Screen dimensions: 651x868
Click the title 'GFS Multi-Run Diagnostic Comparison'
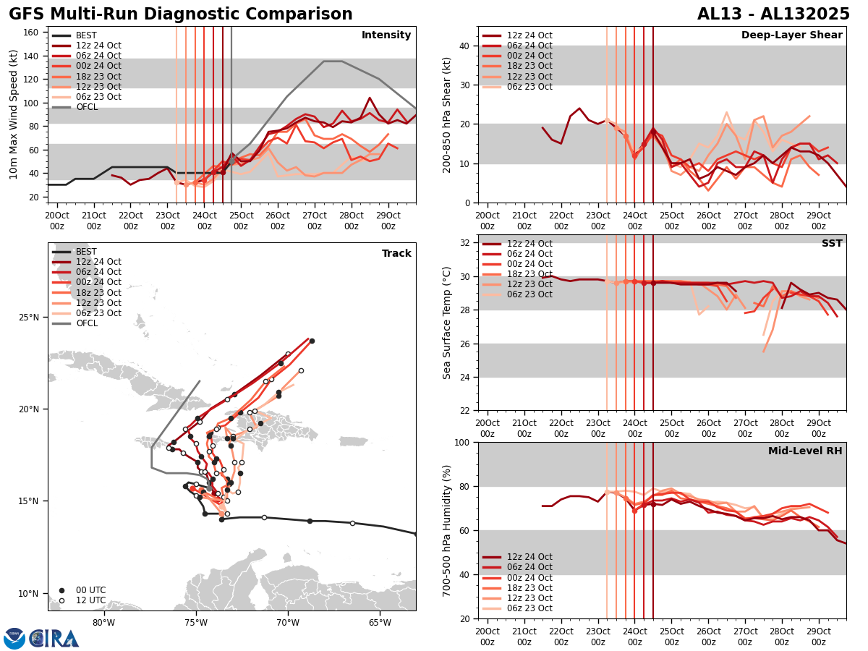coord(180,14)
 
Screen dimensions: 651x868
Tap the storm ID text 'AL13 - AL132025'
coord(773,14)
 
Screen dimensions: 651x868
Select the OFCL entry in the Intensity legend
coord(86,107)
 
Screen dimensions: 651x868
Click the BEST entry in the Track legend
coord(86,252)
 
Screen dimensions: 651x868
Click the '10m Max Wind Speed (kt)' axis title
coord(13,114)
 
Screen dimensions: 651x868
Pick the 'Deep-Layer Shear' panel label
coord(791,35)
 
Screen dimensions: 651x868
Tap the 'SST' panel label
coord(832,244)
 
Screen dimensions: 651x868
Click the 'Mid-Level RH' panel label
coord(805,451)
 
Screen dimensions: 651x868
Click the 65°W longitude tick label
coord(379,623)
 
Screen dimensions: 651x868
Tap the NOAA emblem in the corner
coord(14,638)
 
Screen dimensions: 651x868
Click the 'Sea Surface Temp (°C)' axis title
coord(447,323)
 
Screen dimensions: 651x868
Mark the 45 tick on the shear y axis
coord(464,27)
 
